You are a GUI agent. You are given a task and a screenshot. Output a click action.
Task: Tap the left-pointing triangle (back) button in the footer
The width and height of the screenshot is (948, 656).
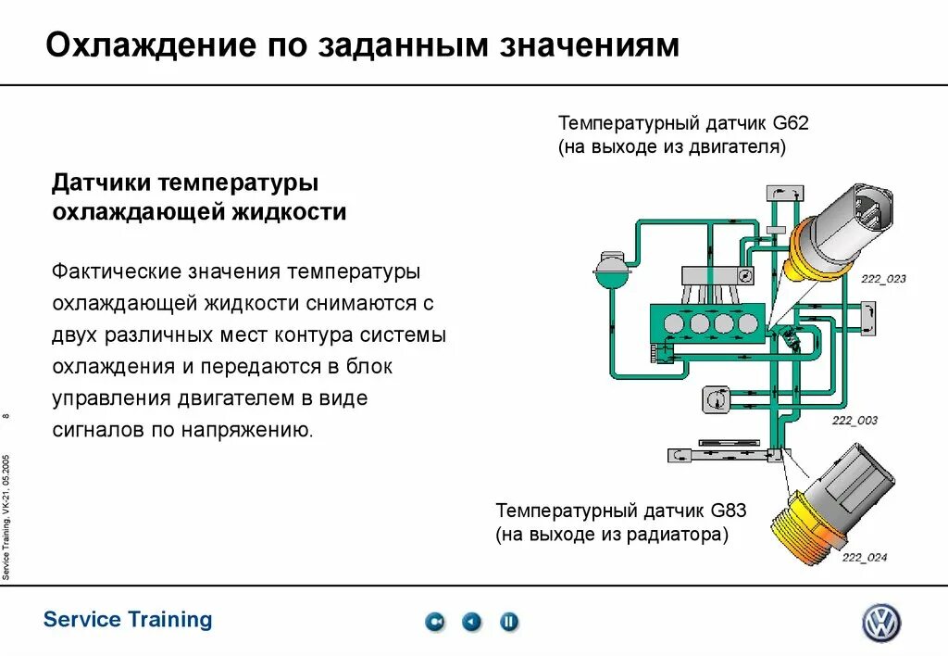(472, 622)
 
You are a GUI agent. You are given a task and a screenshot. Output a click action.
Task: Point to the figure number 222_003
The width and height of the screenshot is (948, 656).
(854, 420)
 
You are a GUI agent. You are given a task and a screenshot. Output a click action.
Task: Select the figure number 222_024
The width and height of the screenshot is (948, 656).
(864, 557)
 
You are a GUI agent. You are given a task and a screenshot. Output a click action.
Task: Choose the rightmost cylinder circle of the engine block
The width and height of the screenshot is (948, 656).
(745, 324)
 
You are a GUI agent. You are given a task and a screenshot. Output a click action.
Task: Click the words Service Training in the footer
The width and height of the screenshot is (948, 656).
(128, 620)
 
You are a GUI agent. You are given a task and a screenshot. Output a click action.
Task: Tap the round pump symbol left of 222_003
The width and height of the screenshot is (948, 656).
(714, 400)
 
